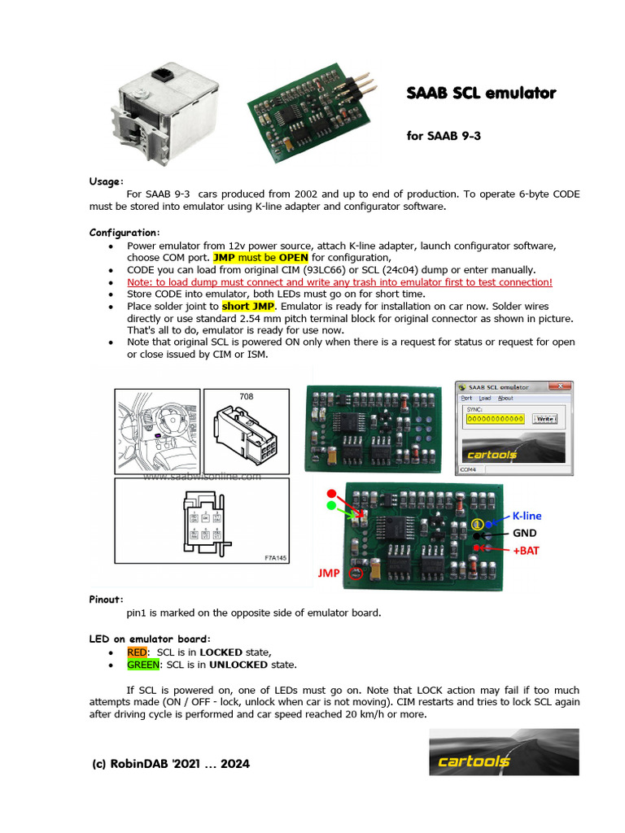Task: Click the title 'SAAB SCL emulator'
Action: [481, 94]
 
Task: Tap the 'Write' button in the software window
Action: [544, 418]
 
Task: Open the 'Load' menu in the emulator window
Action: [484, 399]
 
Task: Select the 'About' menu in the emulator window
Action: [505, 399]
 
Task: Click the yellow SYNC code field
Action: [496, 418]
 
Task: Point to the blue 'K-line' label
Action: [527, 516]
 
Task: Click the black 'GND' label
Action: [524, 534]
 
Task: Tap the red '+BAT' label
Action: [525, 551]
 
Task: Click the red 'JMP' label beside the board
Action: [329, 574]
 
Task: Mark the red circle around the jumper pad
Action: [355, 573]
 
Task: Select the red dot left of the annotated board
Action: [330, 494]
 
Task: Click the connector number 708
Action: [247, 396]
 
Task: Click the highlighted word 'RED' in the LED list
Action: [138, 652]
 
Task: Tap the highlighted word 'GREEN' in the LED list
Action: [143, 665]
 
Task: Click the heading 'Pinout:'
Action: [107, 600]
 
